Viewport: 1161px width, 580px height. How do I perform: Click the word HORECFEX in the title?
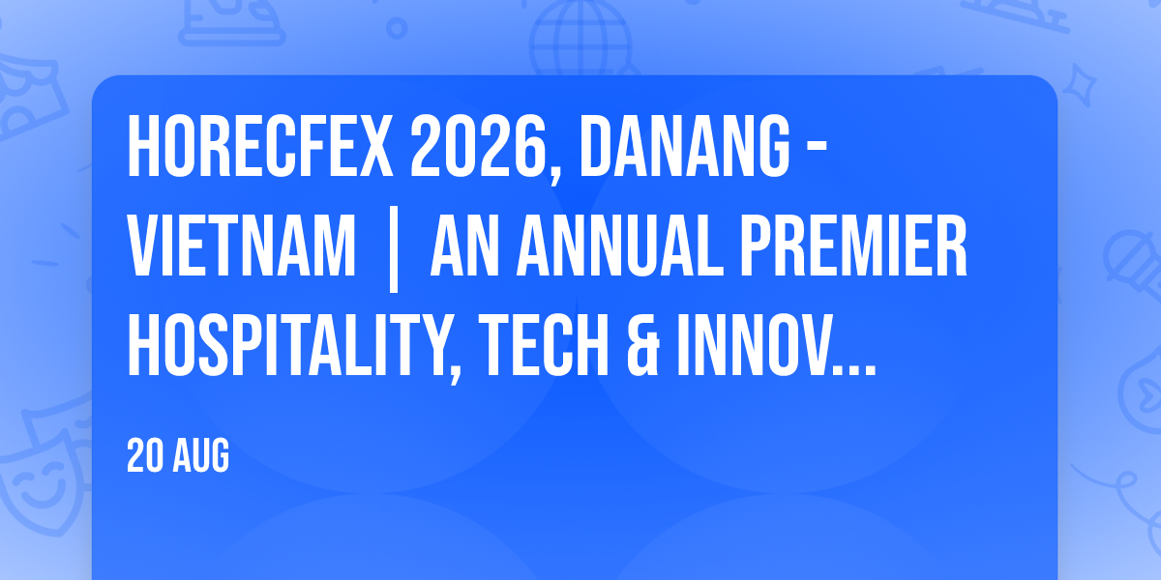[260, 147]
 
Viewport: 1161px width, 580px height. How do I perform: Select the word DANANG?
[684, 147]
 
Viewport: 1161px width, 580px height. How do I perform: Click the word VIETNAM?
[242, 246]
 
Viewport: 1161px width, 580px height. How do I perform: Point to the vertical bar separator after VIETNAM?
[394, 249]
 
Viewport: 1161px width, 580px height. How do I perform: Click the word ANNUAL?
[620, 246]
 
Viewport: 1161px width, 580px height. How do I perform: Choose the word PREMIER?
[853, 246]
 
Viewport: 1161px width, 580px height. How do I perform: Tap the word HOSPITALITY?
[287, 345]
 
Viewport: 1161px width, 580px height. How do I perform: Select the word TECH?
[545, 345]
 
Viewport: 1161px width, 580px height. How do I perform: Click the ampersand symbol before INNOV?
[643, 345]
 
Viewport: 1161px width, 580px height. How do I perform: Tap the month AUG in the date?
[200, 455]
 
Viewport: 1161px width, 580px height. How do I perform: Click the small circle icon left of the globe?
[397, 28]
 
